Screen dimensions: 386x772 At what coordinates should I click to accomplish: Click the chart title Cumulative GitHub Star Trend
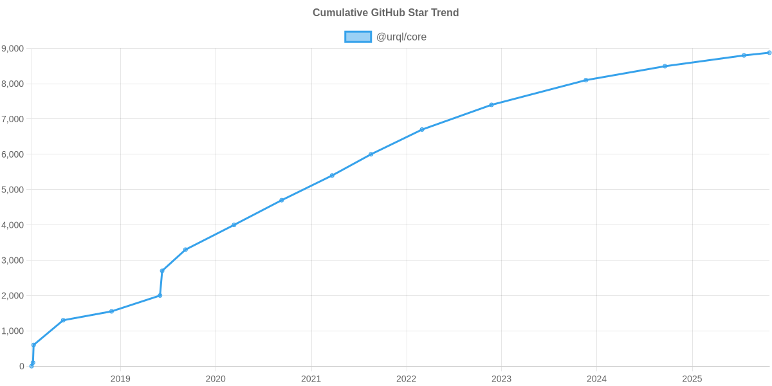click(385, 13)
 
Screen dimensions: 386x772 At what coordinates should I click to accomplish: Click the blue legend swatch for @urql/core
click(358, 37)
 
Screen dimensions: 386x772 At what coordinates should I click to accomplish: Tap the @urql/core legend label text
click(401, 37)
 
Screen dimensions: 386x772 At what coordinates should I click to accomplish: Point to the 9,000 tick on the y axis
click(13, 49)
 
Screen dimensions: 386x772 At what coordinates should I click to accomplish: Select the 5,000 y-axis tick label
click(13, 190)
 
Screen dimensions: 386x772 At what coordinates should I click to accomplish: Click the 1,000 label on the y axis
click(13, 331)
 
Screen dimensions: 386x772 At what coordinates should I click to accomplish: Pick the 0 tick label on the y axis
click(22, 367)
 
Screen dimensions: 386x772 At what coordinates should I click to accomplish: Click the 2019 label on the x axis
click(120, 379)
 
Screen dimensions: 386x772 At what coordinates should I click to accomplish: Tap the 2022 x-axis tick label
click(406, 379)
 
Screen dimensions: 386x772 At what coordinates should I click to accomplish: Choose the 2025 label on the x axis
click(692, 379)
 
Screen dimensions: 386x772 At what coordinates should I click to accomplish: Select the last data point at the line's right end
click(769, 53)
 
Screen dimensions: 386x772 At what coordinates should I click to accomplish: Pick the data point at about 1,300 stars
click(63, 320)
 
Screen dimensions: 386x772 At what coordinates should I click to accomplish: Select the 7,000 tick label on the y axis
click(13, 120)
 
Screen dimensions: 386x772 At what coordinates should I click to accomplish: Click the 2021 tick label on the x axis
click(311, 379)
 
